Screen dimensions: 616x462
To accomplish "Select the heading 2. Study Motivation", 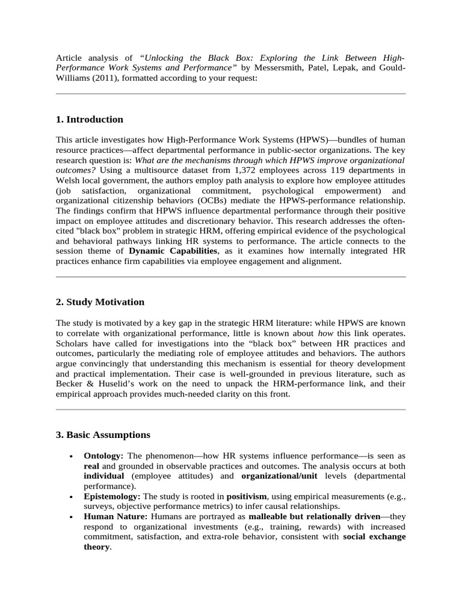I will pos(100,301).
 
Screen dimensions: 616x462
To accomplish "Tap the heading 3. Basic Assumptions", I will pos(103,434).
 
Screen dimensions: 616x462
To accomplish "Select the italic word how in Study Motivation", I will pos(325,333).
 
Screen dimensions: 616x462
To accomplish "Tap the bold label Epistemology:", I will pos(111,496).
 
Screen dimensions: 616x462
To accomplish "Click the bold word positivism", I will pos(248,496).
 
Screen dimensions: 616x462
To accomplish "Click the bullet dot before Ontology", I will pos(72,457).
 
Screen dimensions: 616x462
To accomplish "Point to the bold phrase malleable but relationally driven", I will pos(315,516).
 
